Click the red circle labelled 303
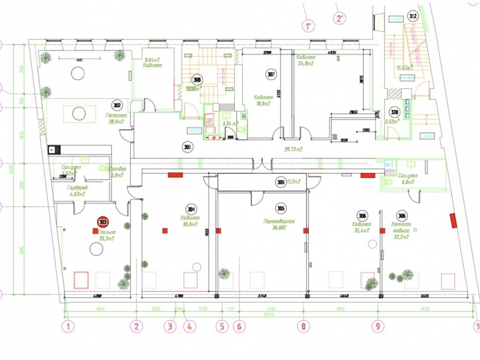[x=103, y=222]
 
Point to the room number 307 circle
[x=271, y=74]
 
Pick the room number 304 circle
[x=192, y=209]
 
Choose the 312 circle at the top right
[x=412, y=16]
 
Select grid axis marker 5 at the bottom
[x=222, y=327]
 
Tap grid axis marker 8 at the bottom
[x=303, y=327]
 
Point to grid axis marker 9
[x=378, y=327]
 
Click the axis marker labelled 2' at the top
[x=339, y=19]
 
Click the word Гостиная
[x=115, y=116]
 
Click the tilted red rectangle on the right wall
[x=453, y=220]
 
